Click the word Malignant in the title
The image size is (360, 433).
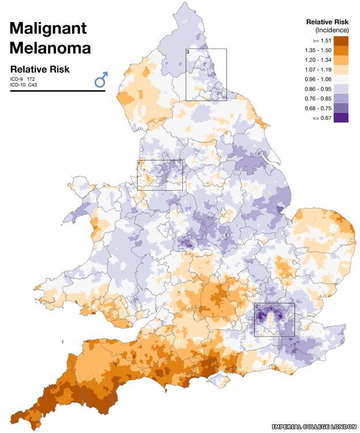pyautogui.click(x=47, y=28)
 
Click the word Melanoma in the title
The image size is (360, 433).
pyautogui.click(x=50, y=48)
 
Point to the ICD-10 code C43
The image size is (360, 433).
pyautogui.click(x=33, y=85)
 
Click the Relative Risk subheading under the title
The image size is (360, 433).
pyautogui.click(x=40, y=69)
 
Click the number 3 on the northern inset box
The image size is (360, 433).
pyautogui.click(x=189, y=52)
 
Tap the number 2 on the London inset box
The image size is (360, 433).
pyautogui.click(x=257, y=306)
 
